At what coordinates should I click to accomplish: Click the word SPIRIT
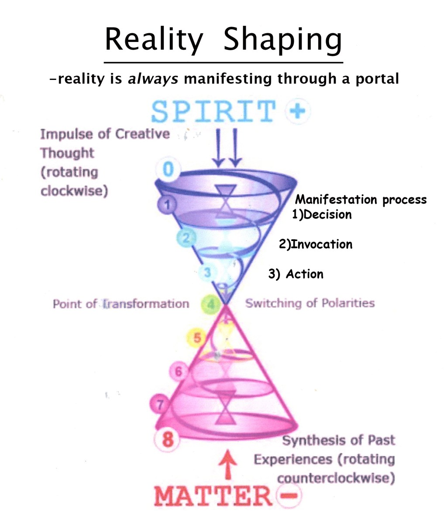(x=213, y=112)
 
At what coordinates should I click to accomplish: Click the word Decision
(x=327, y=215)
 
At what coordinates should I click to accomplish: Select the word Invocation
(x=321, y=244)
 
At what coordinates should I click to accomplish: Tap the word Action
(x=305, y=274)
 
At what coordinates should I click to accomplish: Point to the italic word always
(x=153, y=79)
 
